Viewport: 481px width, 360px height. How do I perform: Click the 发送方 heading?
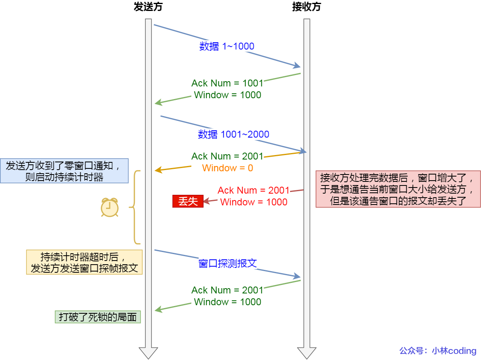[148, 7]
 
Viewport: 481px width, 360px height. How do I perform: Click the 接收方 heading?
[306, 7]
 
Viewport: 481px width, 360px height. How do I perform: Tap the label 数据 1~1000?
[227, 46]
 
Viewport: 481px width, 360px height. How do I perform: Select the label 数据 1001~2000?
[234, 134]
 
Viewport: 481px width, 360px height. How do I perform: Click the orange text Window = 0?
[227, 168]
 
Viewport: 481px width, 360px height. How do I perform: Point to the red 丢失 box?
[188, 202]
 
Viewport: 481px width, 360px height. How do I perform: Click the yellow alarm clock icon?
[110, 207]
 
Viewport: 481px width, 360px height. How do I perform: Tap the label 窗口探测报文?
[227, 263]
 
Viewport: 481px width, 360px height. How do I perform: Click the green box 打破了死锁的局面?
[97, 317]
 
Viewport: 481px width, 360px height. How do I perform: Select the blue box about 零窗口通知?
[64, 171]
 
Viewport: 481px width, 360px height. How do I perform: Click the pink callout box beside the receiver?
[398, 189]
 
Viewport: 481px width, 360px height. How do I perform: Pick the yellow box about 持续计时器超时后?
[84, 262]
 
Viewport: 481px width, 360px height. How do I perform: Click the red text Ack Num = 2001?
[253, 190]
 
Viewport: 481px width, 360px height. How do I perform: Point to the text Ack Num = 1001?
[227, 83]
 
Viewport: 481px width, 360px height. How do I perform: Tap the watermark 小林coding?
[454, 351]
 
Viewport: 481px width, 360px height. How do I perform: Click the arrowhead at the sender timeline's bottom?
[148, 353]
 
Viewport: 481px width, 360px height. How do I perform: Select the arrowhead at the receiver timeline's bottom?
[307, 353]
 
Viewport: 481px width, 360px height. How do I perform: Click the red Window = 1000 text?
[253, 202]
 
